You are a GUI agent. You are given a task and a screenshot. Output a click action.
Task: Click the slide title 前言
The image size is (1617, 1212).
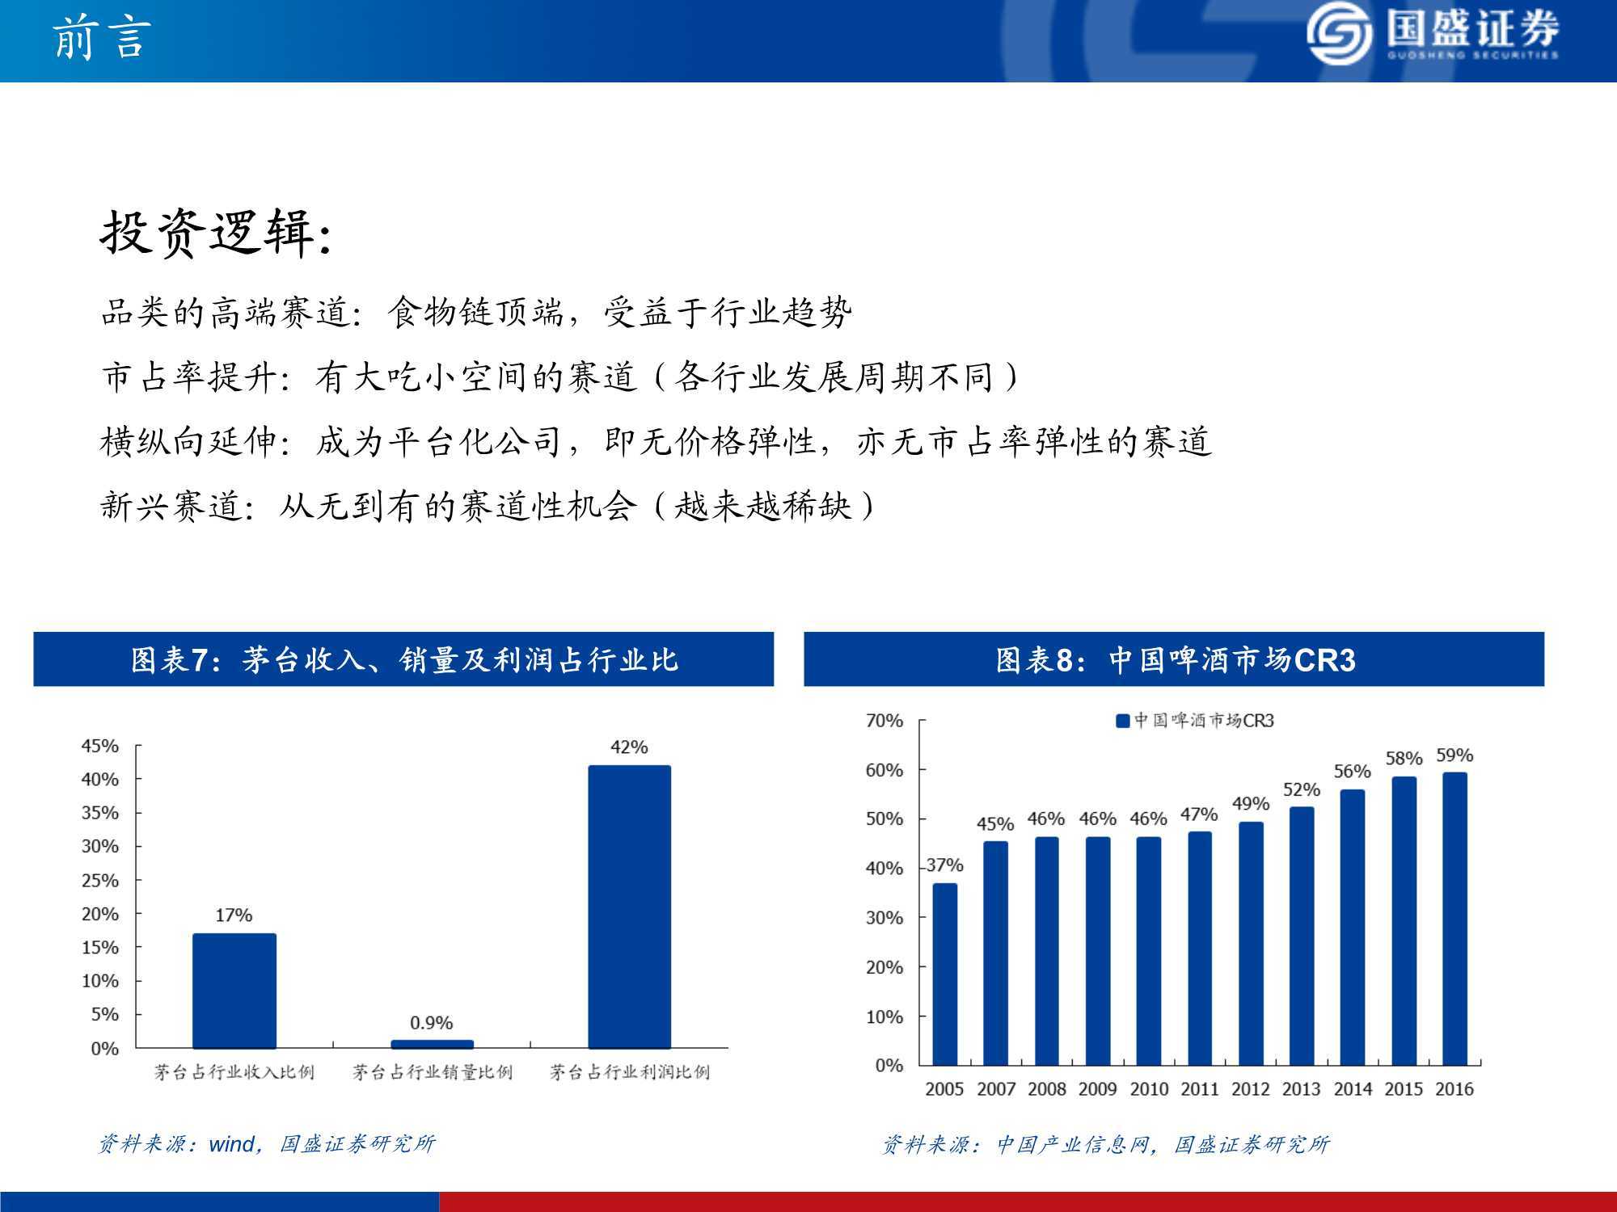(102, 38)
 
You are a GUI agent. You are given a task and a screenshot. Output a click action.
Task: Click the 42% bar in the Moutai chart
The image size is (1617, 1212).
(629, 907)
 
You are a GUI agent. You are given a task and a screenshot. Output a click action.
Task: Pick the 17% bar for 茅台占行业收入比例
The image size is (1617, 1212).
(234, 991)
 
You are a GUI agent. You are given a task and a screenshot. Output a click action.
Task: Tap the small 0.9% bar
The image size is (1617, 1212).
(432, 1044)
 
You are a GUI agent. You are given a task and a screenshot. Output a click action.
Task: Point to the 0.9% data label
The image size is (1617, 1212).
(432, 1023)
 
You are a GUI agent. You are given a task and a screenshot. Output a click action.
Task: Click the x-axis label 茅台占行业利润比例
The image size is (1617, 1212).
(630, 1072)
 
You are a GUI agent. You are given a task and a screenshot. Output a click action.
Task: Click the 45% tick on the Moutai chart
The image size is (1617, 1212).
(99, 746)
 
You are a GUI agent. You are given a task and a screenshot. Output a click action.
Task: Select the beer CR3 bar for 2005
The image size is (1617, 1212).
(944, 974)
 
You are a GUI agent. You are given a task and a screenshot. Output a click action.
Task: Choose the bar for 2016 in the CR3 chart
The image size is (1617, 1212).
(1454, 919)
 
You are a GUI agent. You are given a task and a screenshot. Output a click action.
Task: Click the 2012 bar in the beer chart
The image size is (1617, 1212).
(1251, 944)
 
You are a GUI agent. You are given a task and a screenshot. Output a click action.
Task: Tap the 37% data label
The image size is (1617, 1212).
(945, 865)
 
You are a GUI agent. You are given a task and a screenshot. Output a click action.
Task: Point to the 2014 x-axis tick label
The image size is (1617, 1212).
(1353, 1089)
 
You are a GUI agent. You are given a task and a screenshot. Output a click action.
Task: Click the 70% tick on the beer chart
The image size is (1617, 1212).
(884, 721)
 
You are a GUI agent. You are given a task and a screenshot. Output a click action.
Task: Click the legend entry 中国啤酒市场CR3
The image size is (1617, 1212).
(1195, 720)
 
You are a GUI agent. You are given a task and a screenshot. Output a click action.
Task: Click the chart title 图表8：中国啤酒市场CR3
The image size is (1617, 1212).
(1175, 660)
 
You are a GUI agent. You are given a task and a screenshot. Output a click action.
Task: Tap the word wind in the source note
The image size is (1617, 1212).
(231, 1144)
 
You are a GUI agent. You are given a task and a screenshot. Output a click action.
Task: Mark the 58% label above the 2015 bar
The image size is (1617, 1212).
(1404, 759)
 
